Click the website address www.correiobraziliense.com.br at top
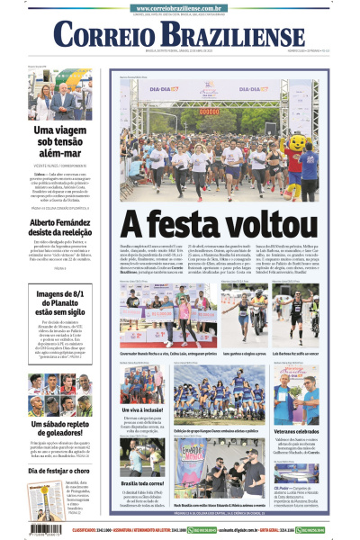tap(180, 7)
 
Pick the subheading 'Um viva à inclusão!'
tap(141, 409)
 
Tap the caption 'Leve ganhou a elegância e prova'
tap(218, 355)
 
